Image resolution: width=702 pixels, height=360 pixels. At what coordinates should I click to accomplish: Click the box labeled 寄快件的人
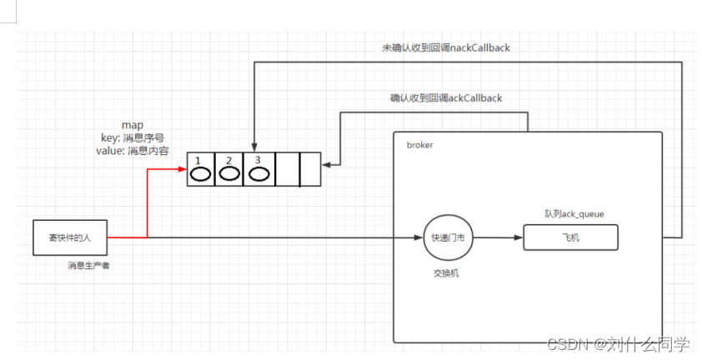click(70, 237)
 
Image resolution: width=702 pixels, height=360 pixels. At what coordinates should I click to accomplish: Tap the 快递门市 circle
click(448, 237)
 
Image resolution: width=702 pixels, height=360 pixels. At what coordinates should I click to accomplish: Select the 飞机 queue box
click(570, 237)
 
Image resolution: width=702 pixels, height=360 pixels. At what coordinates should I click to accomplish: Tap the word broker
click(419, 145)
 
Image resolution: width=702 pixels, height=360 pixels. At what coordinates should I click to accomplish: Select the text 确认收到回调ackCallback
click(446, 98)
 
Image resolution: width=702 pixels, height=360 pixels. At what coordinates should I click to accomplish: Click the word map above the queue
click(133, 125)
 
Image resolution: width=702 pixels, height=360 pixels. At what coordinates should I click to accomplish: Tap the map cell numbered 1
click(201, 169)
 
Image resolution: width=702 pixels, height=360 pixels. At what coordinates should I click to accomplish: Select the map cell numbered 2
click(229, 169)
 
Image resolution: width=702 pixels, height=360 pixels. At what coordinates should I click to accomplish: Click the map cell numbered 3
click(258, 169)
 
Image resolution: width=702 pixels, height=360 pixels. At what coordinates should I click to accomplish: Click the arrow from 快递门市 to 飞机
click(497, 237)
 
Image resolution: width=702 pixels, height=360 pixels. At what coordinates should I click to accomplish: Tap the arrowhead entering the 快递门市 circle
click(419, 237)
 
